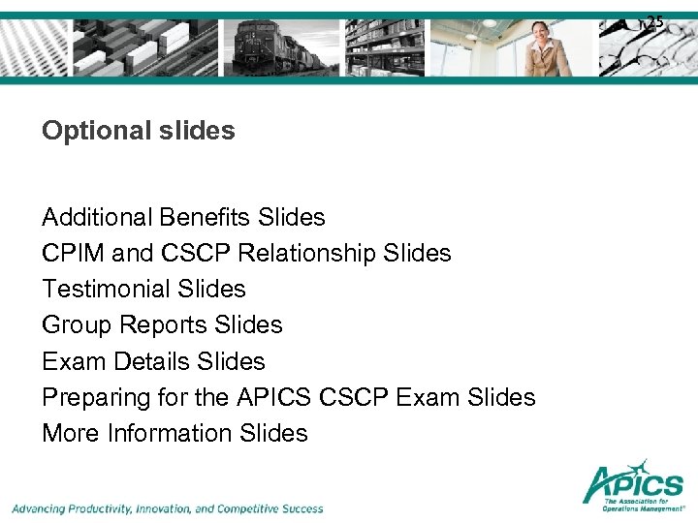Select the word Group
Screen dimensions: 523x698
point(75,324)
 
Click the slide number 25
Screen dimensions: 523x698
point(655,21)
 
